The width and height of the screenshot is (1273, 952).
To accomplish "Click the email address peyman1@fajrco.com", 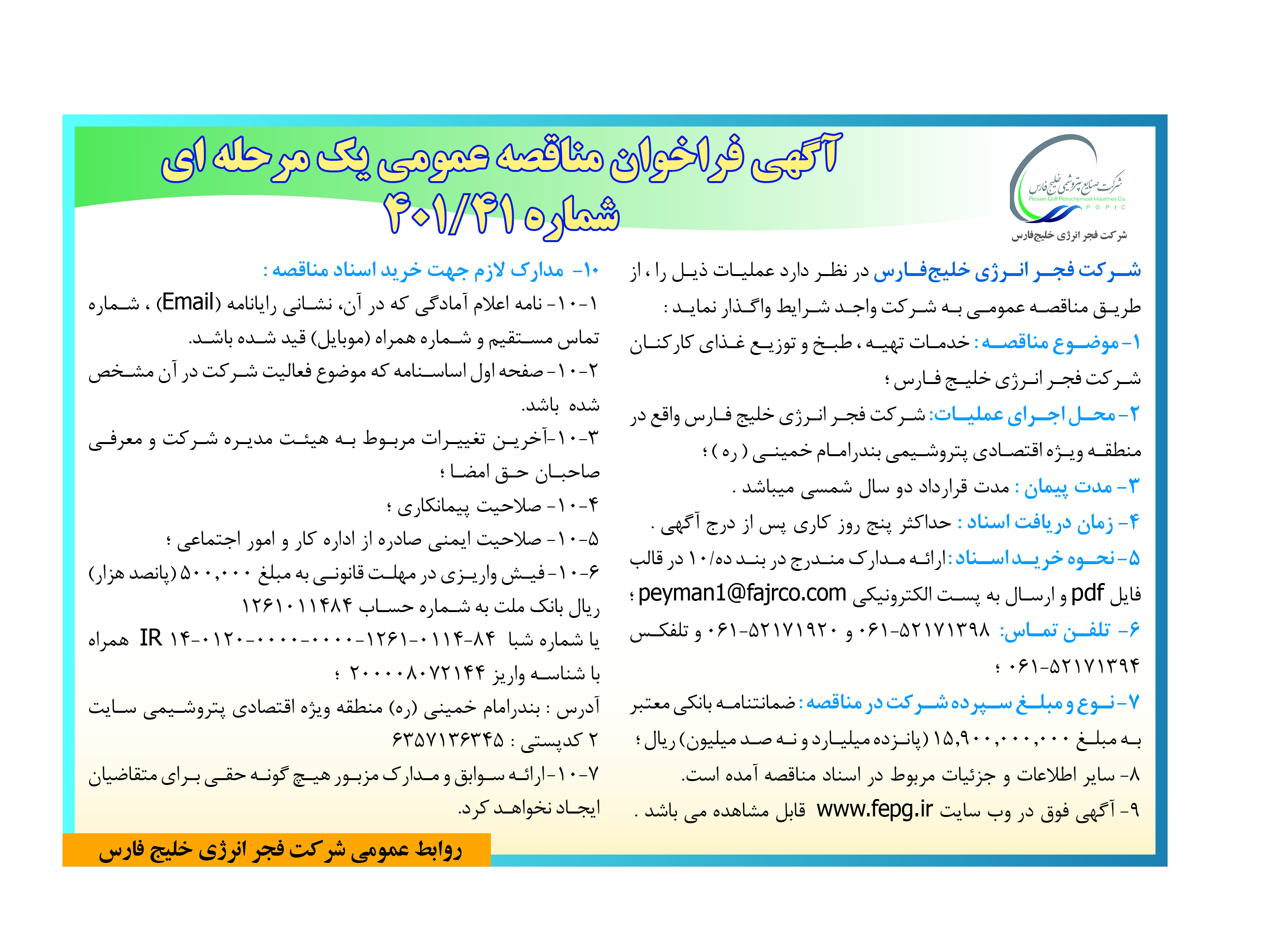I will pos(742,593).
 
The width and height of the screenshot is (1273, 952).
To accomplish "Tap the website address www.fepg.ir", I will pos(874,809).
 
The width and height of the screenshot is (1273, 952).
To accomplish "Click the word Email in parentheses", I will pos(188,302).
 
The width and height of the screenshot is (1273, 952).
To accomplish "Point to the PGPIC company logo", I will pos(1068,181).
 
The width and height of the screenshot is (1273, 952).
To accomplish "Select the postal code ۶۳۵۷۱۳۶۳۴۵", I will pos(448,740).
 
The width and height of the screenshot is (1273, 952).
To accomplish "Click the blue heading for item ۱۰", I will pos(431,270).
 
